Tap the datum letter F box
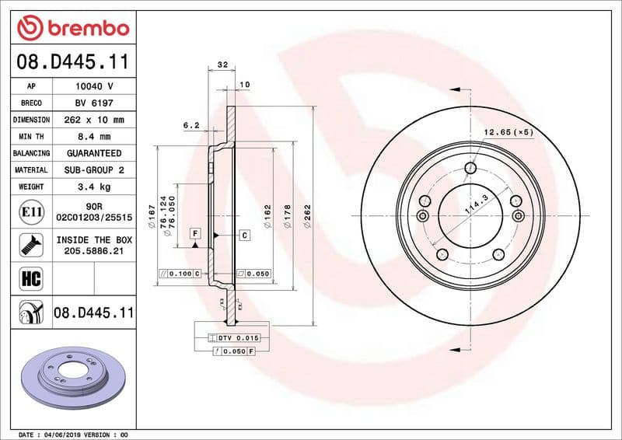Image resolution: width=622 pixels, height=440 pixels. coord(194,233)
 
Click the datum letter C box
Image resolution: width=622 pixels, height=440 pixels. coord(244,234)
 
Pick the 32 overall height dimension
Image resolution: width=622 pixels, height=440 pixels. coord(222,65)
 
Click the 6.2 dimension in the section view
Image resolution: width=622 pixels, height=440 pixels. coord(191,125)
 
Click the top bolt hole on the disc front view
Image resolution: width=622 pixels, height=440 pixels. coord(470,169)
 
